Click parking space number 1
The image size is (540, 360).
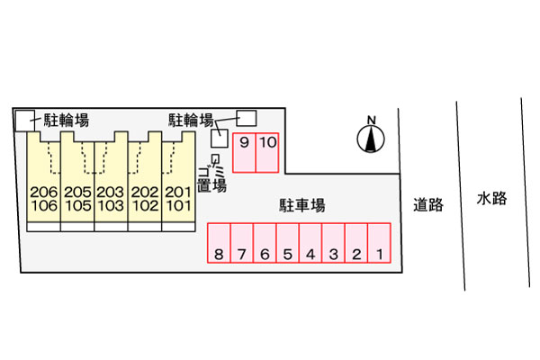pyautogui.click(x=380, y=243)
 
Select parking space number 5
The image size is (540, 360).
pyautogui.click(x=287, y=243)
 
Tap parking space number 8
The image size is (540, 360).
pyautogui.click(x=219, y=243)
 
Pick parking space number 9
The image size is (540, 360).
pyautogui.click(x=244, y=152)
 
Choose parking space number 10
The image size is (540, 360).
pyautogui.click(x=267, y=152)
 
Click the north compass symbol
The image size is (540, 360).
pyautogui.click(x=370, y=137)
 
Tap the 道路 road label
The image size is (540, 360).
pyautogui.click(x=428, y=204)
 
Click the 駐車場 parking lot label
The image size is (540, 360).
pyautogui.click(x=301, y=206)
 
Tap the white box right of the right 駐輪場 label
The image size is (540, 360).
pyautogui.click(x=246, y=118)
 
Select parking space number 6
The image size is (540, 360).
pyautogui.click(x=265, y=243)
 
